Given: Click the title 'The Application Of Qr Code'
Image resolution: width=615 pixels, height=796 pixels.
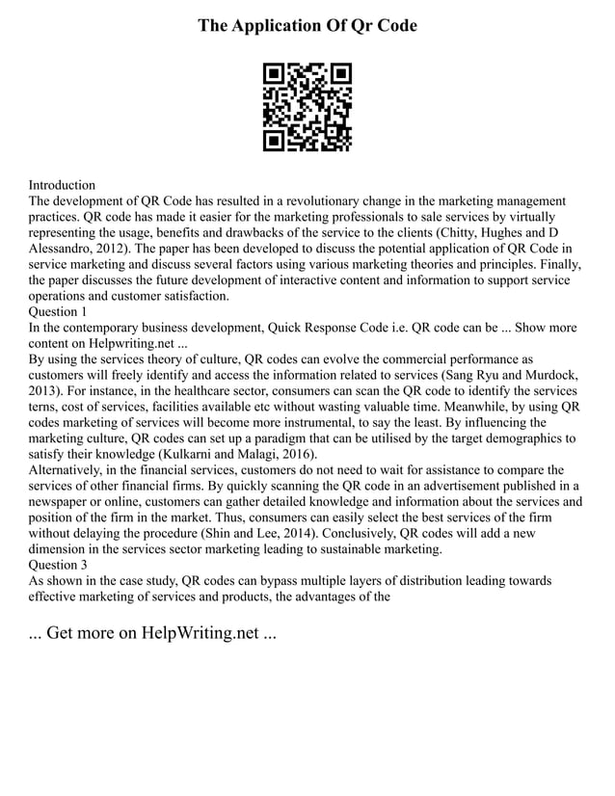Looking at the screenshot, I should point(307,26).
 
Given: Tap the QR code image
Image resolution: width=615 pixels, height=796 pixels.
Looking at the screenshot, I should point(307,107).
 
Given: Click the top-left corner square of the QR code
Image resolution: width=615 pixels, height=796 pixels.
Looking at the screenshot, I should point(274,73).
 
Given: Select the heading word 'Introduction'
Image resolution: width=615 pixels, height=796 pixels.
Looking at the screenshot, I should point(62,184).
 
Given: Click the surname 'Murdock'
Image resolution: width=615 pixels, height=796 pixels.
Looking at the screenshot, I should point(548,375).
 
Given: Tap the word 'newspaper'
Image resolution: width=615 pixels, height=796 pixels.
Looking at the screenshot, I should point(62,501).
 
